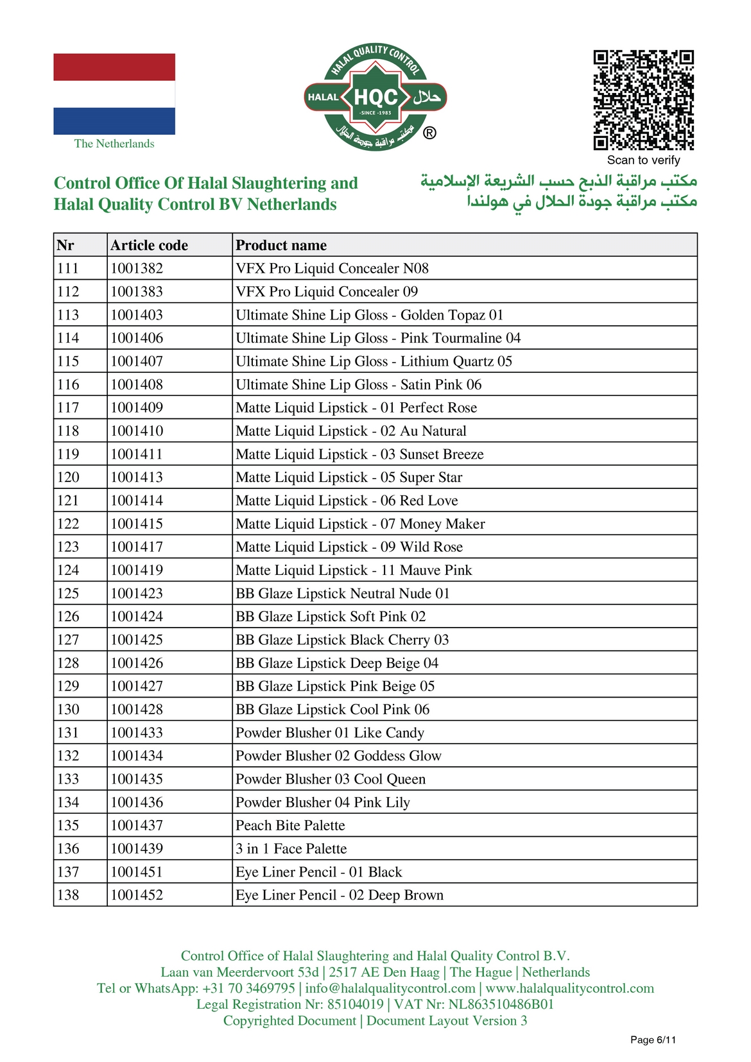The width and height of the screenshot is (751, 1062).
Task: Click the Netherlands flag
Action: point(114,94)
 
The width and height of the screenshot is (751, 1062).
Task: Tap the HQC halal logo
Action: point(376,98)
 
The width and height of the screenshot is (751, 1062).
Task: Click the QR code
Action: point(643,100)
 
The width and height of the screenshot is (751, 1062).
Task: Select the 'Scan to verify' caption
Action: point(643,160)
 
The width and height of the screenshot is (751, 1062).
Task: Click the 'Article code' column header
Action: point(150,245)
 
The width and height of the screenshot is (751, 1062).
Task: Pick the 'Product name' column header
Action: point(281,245)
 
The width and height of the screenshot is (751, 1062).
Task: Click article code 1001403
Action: point(137,315)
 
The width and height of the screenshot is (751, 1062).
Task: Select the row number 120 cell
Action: point(69,477)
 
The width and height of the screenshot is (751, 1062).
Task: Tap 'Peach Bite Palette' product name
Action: point(290,825)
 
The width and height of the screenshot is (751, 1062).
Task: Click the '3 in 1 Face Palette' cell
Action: point(291,848)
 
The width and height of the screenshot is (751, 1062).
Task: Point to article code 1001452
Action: point(137,895)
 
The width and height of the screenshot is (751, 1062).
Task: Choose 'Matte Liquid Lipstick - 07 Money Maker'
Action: point(360,524)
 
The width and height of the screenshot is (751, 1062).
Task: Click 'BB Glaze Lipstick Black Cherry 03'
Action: point(342,640)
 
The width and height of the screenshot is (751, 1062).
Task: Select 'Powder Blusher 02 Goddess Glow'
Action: point(338,756)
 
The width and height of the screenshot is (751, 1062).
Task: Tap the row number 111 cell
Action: point(68,268)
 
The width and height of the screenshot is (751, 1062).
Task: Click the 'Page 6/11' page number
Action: point(653,1040)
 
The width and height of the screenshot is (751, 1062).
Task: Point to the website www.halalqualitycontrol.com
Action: point(569,988)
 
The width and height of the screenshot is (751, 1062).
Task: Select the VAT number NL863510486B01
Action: point(501,1004)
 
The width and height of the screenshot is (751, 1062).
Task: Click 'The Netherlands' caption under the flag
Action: point(114,144)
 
